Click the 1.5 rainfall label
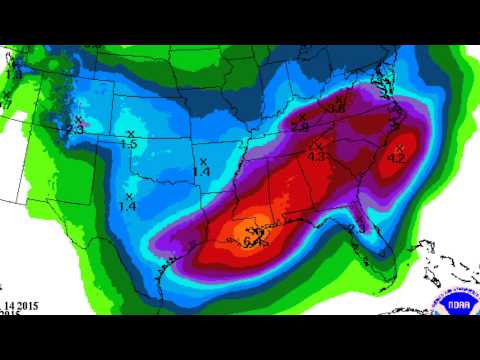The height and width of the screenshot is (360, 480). point(128,145)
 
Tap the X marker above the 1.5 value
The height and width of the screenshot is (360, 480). point(131,134)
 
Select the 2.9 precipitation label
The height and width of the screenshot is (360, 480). point(299,127)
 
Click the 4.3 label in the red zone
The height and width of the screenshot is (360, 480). point(317,156)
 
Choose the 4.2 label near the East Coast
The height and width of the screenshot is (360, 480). point(395,158)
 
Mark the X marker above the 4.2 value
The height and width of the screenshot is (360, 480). point(399,147)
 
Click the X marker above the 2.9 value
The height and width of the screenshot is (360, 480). point(302,117)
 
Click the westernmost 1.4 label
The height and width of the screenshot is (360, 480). point(127,206)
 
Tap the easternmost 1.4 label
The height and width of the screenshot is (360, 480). point(201,172)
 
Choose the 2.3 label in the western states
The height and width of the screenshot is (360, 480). point(74,129)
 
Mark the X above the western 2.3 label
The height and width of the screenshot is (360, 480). point(78,119)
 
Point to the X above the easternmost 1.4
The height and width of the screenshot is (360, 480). point(203,161)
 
